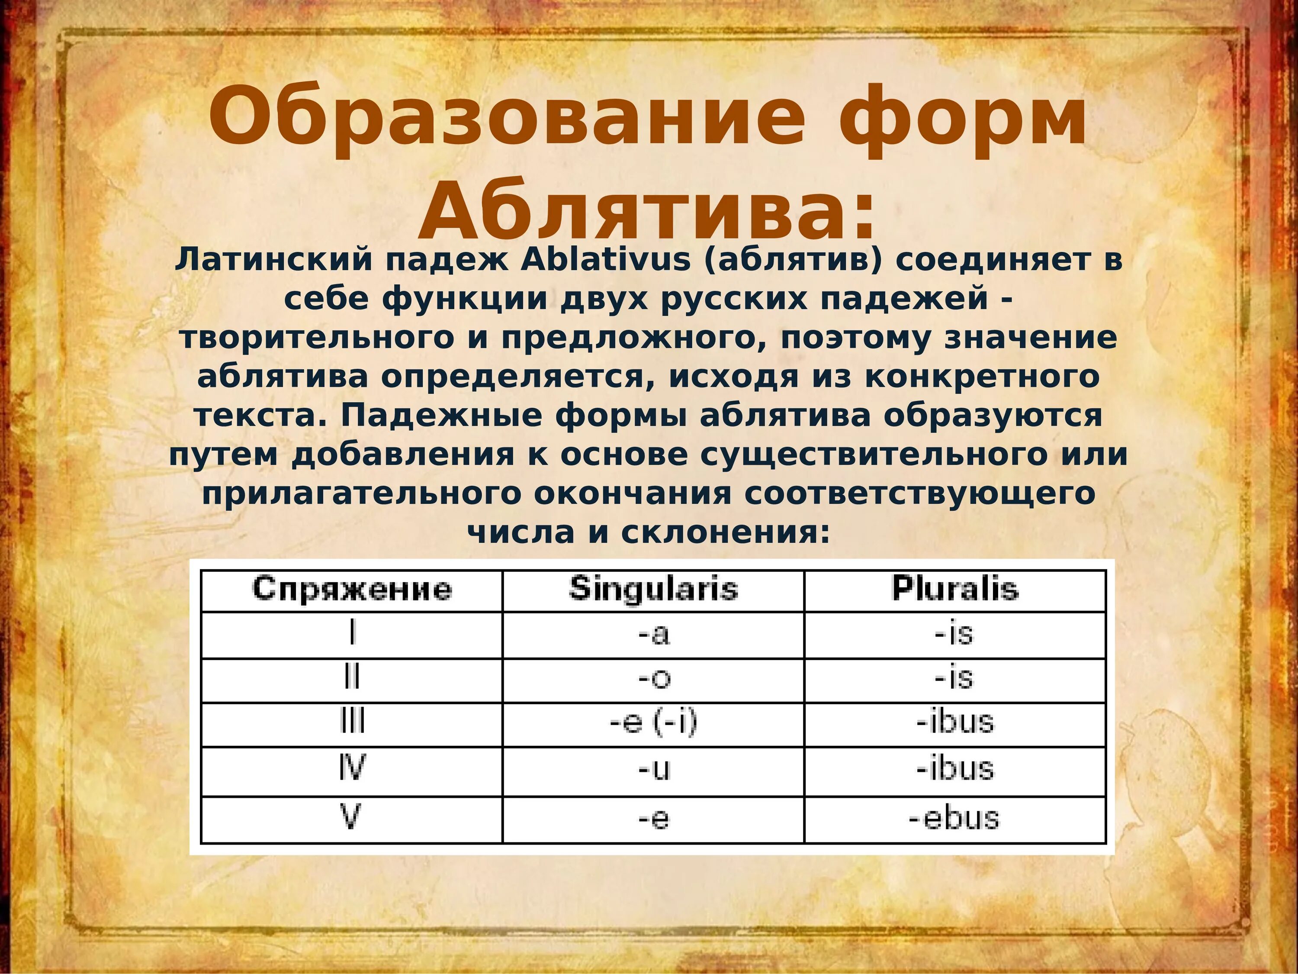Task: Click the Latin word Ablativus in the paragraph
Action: point(606,260)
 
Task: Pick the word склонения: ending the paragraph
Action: point(725,533)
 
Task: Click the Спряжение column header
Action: point(352,589)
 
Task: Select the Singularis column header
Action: point(653,589)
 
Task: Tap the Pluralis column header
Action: point(955,589)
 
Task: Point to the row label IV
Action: point(352,768)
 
